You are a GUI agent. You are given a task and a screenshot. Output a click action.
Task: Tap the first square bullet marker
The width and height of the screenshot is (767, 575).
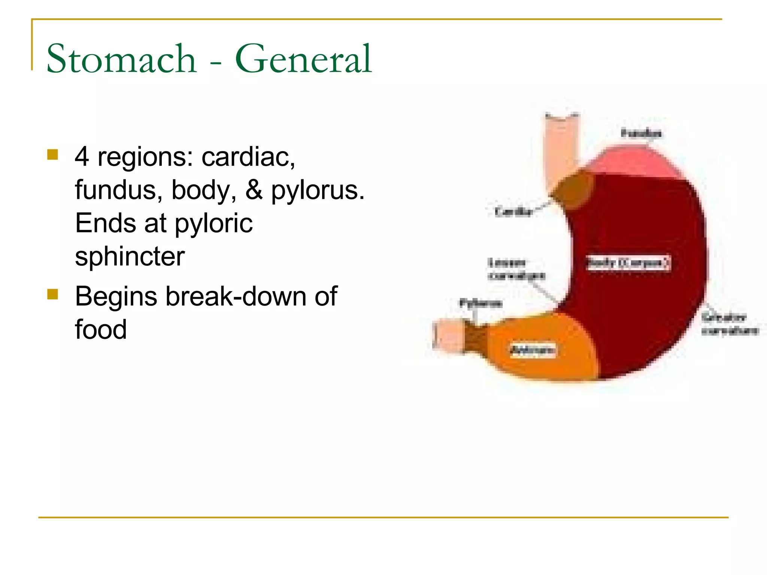click(53, 155)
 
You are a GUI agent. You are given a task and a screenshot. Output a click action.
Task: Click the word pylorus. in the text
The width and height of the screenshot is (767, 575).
click(318, 190)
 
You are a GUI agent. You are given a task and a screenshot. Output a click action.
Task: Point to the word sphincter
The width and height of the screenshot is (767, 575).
click(130, 257)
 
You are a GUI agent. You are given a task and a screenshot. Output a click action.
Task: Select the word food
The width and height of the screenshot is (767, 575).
click(101, 329)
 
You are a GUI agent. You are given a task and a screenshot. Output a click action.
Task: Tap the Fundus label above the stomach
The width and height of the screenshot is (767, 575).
click(641, 133)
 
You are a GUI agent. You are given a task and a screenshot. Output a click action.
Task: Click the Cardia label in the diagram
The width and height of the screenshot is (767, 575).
click(513, 212)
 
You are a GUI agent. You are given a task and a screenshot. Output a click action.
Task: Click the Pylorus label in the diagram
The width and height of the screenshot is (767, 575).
click(481, 303)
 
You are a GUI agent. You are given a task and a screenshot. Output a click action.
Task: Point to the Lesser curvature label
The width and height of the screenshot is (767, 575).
click(516, 269)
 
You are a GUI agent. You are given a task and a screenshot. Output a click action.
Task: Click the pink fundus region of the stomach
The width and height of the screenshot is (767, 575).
click(633, 161)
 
